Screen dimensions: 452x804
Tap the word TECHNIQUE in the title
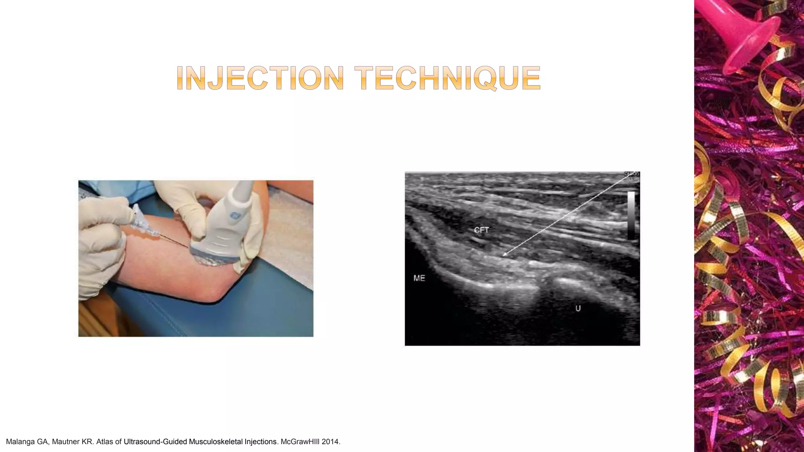click(x=448, y=78)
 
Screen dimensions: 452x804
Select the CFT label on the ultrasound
click(x=481, y=230)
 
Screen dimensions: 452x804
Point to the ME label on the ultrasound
click(x=419, y=278)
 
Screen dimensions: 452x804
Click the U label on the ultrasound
click(x=578, y=309)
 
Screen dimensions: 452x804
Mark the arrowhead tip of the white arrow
click(x=503, y=256)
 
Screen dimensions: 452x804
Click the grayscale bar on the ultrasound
click(x=631, y=215)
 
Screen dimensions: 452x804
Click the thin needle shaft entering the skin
click(x=175, y=241)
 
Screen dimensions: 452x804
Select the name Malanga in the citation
click(x=20, y=442)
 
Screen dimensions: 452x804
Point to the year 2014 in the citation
click(x=331, y=442)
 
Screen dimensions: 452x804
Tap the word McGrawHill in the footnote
click(x=300, y=442)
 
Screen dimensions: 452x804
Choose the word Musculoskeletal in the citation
click(x=216, y=442)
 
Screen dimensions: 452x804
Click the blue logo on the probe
click(x=235, y=215)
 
